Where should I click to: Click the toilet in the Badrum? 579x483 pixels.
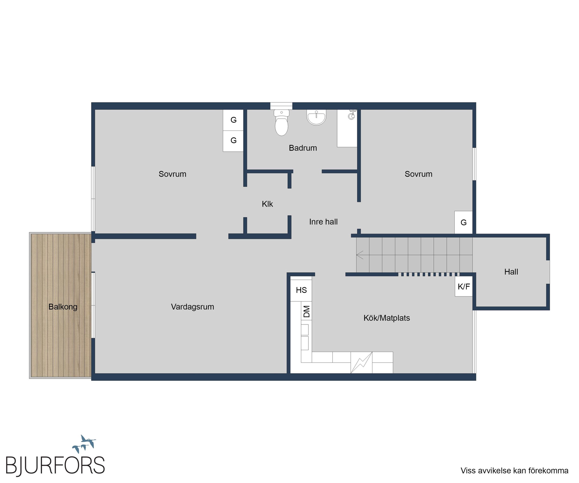(281, 122)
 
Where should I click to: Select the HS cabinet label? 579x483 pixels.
(301, 290)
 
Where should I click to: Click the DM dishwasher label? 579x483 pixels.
(307, 311)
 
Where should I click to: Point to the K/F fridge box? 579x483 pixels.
(463, 287)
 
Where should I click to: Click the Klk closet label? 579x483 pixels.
(267, 204)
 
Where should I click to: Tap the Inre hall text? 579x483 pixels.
(323, 222)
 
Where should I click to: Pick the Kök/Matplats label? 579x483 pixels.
(387, 318)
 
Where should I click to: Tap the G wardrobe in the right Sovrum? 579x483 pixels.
(463, 222)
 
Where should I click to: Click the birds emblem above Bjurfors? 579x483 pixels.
(84, 444)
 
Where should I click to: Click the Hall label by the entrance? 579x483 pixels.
(511, 272)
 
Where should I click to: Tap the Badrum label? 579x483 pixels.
(303, 148)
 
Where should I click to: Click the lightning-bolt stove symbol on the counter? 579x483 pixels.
(362, 363)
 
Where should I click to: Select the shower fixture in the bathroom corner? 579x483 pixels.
(352, 115)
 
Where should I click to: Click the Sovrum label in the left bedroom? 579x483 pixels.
(172, 174)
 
